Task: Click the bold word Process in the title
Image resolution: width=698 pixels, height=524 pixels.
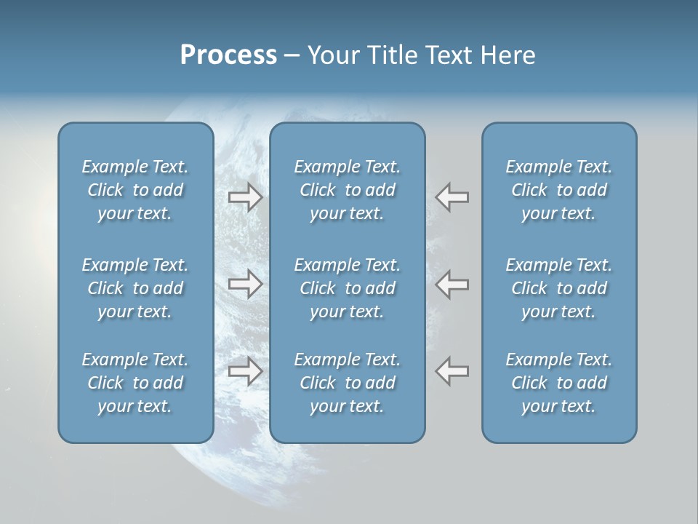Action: point(228,55)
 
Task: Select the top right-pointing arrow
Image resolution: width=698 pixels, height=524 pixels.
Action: point(245,197)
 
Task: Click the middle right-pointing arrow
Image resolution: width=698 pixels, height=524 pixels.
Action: point(245,284)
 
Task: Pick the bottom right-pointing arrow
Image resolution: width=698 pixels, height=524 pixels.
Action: point(245,371)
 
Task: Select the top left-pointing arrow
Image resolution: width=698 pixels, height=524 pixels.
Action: point(452,197)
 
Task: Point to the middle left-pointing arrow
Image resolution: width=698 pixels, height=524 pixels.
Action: point(452,284)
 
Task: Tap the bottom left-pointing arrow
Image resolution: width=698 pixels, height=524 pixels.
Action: point(452,371)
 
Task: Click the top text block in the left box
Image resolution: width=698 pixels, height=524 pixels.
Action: point(135,190)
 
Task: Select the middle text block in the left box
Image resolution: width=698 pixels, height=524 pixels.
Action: point(135,288)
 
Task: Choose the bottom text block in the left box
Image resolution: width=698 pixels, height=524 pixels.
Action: point(135,383)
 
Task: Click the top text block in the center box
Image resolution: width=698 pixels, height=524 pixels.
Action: point(347,190)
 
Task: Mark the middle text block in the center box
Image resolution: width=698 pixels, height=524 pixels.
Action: point(347,288)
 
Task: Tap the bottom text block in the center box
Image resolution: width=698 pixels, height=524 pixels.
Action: point(347,383)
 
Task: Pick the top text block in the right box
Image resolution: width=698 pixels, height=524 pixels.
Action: point(558,190)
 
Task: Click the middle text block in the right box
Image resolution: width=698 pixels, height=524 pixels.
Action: point(558,288)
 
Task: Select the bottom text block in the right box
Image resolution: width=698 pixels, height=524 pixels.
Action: point(558,383)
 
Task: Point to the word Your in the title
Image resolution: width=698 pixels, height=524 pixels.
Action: point(332,55)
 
